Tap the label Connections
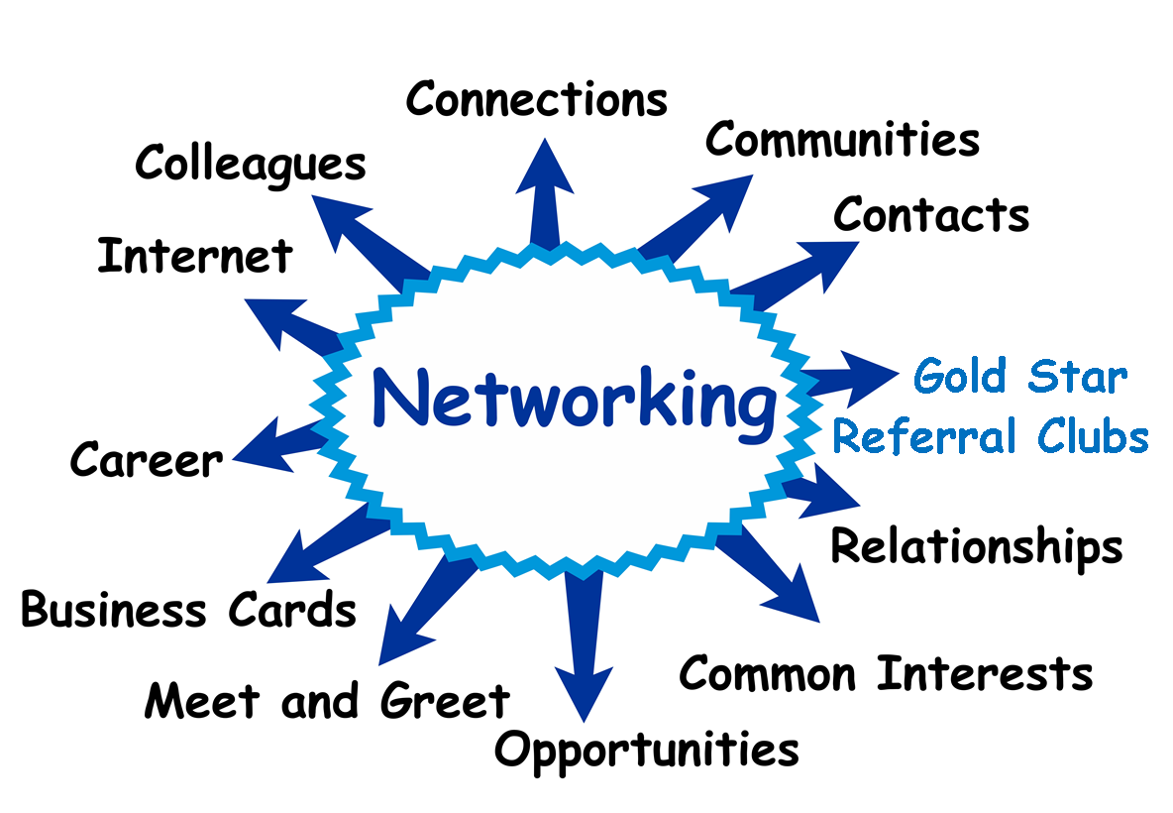tap(536, 99)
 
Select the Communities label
tap(842, 140)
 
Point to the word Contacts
tap(930, 214)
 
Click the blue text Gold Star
tap(1019, 377)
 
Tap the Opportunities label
tap(646, 750)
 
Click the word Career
tap(147, 461)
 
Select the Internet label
tap(195, 257)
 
